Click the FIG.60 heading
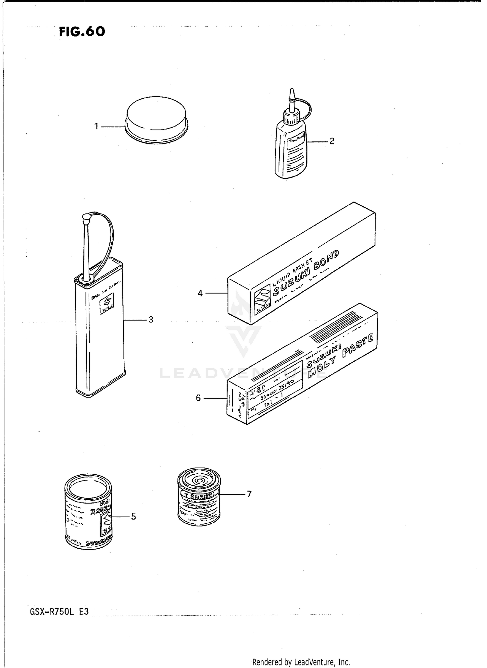pyautogui.click(x=82, y=32)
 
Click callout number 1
pyautogui.click(x=96, y=126)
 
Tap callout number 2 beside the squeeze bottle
pyautogui.click(x=331, y=141)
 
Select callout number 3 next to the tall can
pyautogui.click(x=151, y=320)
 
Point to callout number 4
pyautogui.click(x=200, y=293)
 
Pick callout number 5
pyautogui.click(x=133, y=516)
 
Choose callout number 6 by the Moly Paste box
pyautogui.click(x=198, y=398)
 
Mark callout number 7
pyautogui.click(x=249, y=494)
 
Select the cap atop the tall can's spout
pyautogui.click(x=87, y=218)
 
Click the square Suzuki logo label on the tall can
pyautogui.click(x=107, y=304)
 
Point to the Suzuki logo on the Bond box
pyautogui.click(x=262, y=299)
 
